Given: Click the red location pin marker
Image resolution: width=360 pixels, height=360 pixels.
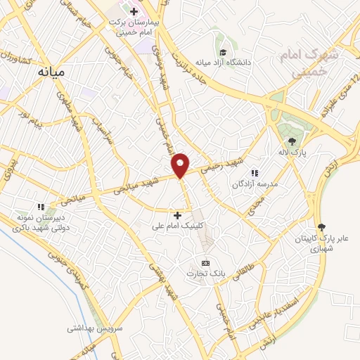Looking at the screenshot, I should pyautogui.click(x=181, y=165).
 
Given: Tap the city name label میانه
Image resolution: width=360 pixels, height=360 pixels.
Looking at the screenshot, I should pyautogui.click(x=52, y=72).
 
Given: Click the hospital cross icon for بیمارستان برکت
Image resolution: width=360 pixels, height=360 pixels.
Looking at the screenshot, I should pyautogui.click(x=134, y=11).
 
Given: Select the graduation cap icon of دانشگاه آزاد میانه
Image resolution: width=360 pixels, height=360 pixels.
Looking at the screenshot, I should pyautogui.click(x=223, y=52).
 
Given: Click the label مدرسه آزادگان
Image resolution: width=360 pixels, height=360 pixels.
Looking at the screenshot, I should pyautogui.click(x=255, y=185).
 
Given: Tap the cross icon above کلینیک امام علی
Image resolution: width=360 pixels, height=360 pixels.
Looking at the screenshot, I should pyautogui.click(x=177, y=215).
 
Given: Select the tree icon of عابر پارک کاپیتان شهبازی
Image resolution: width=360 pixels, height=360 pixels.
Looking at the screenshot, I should pyautogui.click(x=321, y=226).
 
